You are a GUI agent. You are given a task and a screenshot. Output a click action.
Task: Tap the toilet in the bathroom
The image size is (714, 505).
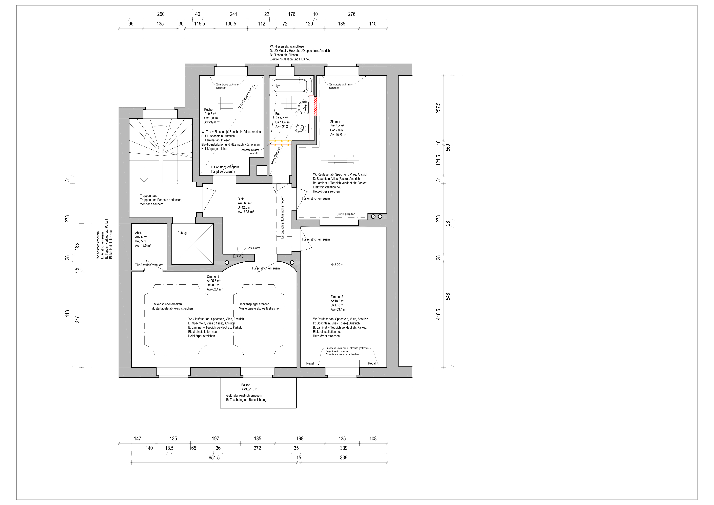point(302,128)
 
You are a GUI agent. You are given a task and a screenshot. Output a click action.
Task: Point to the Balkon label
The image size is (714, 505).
point(246,385)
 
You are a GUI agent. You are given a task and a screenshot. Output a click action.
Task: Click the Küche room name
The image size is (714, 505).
point(208,110)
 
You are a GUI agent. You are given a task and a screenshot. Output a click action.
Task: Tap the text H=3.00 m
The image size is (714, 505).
point(337,265)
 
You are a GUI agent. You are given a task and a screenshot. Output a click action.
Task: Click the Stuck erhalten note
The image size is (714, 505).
point(346,214)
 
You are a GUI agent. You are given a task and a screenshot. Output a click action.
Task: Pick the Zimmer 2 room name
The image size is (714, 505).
point(337,297)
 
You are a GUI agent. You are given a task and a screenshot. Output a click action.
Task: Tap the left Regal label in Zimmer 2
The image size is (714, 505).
point(310,363)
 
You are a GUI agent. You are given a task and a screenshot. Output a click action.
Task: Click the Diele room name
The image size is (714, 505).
point(241,199)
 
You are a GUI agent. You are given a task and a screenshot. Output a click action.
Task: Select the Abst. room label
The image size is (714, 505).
point(138,233)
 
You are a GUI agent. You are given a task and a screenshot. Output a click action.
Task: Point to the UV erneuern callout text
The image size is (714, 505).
point(254,248)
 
